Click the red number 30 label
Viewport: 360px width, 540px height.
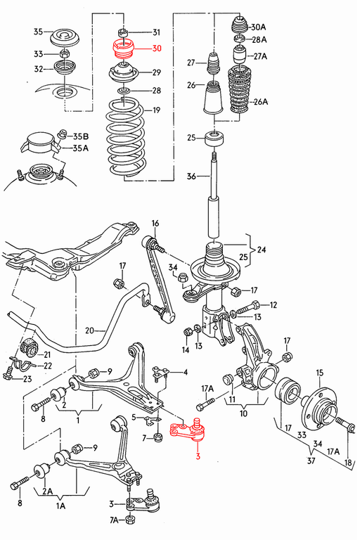pos(156,49)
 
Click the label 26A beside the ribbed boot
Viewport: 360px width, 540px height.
pos(261,101)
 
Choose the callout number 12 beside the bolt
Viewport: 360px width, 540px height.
pos(273,304)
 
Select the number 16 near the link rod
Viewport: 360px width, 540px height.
pos(155,224)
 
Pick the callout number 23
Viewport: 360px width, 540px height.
pos(27,379)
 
